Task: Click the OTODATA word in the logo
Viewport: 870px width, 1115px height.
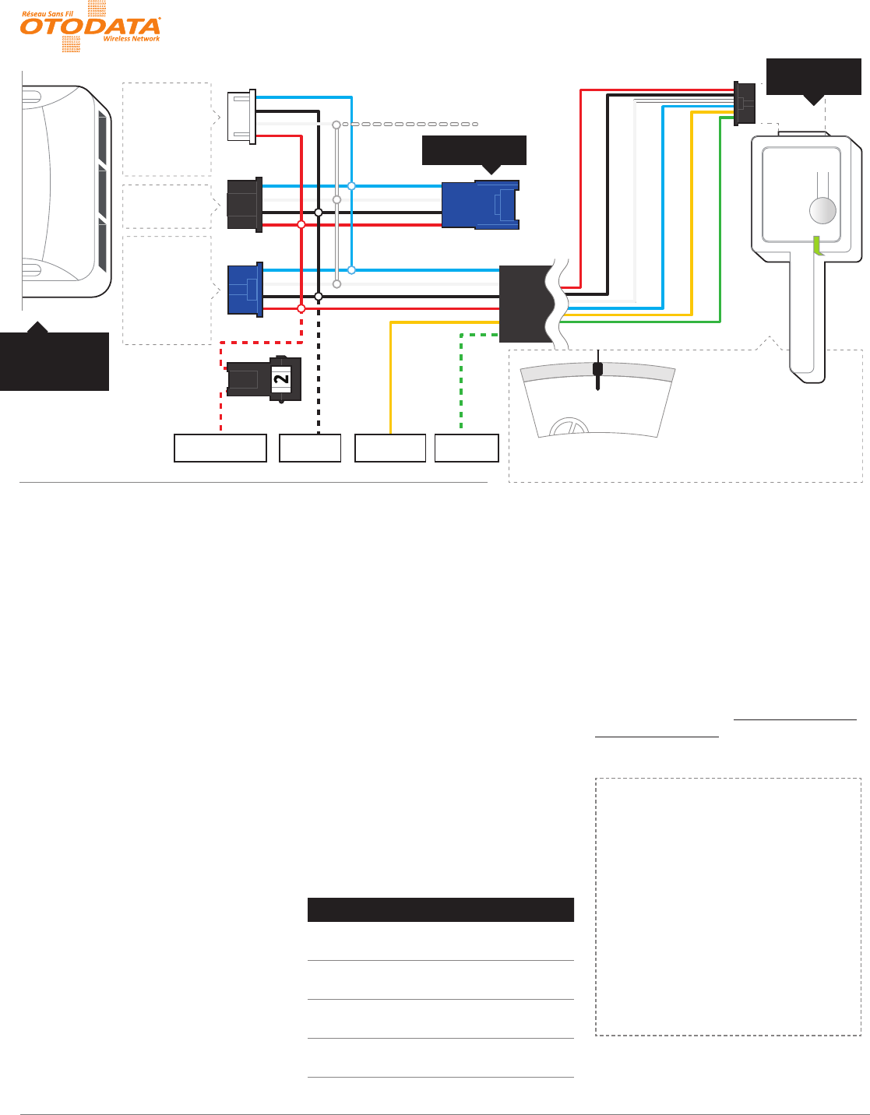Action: pos(90,26)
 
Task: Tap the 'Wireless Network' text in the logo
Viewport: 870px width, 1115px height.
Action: pos(132,39)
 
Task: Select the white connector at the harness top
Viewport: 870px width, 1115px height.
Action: pos(241,116)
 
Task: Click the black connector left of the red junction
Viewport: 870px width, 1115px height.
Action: pos(244,205)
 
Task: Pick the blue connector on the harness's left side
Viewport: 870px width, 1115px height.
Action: pos(245,290)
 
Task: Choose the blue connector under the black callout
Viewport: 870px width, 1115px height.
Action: pos(480,205)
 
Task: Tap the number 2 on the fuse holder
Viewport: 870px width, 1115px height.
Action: pos(281,378)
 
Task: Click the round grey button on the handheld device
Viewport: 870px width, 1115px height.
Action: pos(822,210)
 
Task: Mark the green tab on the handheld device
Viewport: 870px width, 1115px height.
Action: pos(818,246)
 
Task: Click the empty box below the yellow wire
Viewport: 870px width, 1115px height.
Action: pos(390,448)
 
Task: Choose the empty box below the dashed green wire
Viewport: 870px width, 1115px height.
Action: pos(466,448)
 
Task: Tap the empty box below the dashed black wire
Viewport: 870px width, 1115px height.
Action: pos(310,448)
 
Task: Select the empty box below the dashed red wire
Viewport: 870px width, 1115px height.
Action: pos(220,448)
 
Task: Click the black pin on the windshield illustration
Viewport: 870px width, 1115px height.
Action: pos(597,372)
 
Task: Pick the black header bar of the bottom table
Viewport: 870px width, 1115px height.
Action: pos(440,910)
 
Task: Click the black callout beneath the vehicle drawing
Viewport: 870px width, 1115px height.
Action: pos(55,361)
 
